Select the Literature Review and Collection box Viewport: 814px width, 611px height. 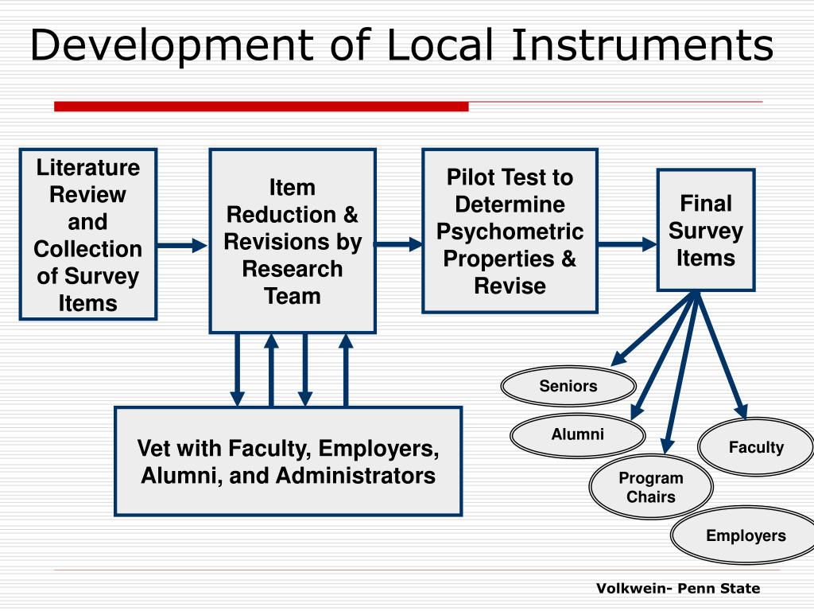tap(88, 235)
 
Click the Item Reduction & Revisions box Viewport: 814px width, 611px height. tap(293, 241)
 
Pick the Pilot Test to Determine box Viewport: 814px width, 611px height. tap(510, 231)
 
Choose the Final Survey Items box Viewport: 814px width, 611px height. tap(705, 230)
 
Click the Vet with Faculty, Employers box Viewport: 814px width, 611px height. tap(288, 461)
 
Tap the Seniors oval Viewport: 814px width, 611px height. tap(568, 387)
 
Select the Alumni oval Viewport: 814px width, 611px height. tap(578, 434)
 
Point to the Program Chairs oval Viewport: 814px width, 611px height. tap(651, 487)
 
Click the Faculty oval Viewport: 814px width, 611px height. tap(756, 447)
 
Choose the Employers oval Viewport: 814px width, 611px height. tap(745, 535)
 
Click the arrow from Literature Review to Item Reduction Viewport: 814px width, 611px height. tap(183, 245)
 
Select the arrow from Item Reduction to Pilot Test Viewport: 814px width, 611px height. tap(399, 244)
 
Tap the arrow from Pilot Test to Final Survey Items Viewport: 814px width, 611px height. tap(627, 244)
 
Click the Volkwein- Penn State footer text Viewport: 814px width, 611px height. tap(678, 589)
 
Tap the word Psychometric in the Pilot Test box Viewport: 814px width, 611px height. tap(510, 232)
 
